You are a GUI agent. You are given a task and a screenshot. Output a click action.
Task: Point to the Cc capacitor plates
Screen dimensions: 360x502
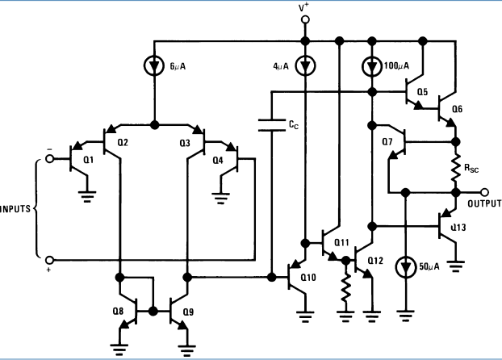(x=270, y=124)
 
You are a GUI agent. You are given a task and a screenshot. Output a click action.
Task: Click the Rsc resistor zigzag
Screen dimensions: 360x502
(x=456, y=169)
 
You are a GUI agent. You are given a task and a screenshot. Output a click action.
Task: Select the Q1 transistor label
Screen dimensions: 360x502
(x=88, y=160)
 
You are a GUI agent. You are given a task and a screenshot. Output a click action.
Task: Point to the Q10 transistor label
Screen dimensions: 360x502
(x=307, y=279)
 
